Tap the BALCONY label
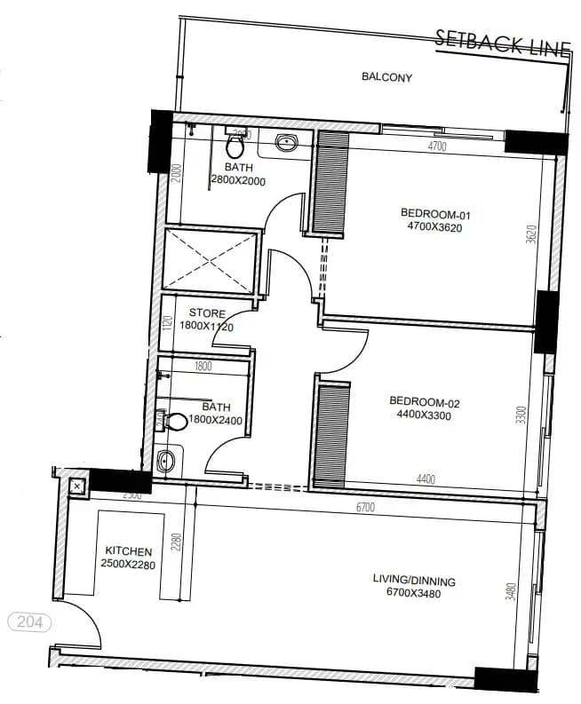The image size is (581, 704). (386, 77)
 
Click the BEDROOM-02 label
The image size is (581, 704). (425, 401)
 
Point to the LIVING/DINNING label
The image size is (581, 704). (414, 581)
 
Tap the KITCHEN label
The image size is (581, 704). (129, 551)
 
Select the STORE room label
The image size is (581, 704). (207, 313)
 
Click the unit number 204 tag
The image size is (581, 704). (29, 622)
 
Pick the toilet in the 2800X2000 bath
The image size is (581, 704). (236, 144)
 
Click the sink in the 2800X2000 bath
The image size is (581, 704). (286, 142)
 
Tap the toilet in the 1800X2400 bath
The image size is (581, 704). (172, 421)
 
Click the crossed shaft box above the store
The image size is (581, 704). (213, 261)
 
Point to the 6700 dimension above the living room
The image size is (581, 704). (365, 507)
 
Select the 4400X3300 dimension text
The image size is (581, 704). (425, 415)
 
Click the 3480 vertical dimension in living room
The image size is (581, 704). (511, 591)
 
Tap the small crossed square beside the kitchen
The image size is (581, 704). (76, 486)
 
